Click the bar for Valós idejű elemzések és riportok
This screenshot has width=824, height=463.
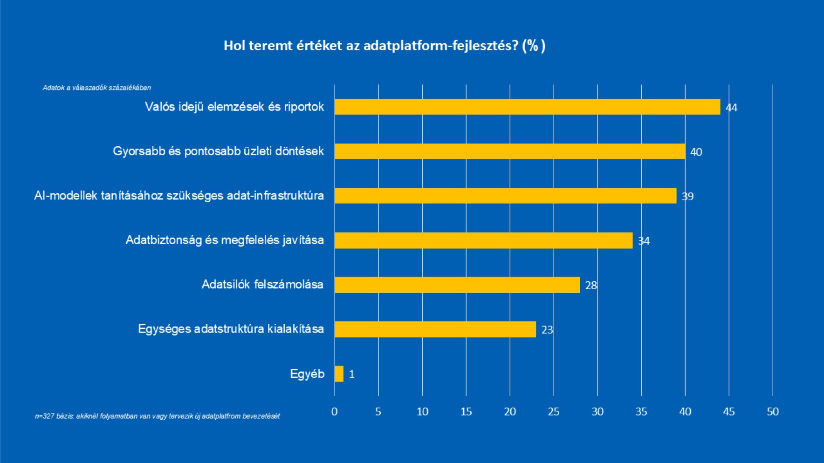[527, 107]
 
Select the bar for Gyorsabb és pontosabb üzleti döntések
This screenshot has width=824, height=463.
[509, 151]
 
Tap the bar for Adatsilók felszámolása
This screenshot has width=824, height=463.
[457, 285]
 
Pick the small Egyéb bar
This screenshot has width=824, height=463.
[339, 374]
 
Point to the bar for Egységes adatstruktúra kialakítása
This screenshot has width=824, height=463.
[435, 329]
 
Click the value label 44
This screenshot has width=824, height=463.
[731, 108]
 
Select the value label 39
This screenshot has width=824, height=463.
[687, 197]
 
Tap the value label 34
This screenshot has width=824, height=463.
[644, 241]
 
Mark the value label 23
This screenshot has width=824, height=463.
[547, 330]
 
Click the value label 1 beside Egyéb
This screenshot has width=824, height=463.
[352, 374]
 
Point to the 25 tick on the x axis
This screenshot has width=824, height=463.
[554, 412]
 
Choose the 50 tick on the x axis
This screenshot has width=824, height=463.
[773, 412]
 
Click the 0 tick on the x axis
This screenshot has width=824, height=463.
[334, 412]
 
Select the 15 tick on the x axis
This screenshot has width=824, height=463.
[466, 412]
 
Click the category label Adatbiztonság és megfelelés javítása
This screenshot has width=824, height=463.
[225, 240]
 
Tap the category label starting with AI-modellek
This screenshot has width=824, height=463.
[179, 196]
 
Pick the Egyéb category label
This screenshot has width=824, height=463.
[307, 374]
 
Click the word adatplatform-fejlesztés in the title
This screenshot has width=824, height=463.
[440, 46]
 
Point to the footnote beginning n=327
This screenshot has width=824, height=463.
[157, 416]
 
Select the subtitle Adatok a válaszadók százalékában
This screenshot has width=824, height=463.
[97, 88]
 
